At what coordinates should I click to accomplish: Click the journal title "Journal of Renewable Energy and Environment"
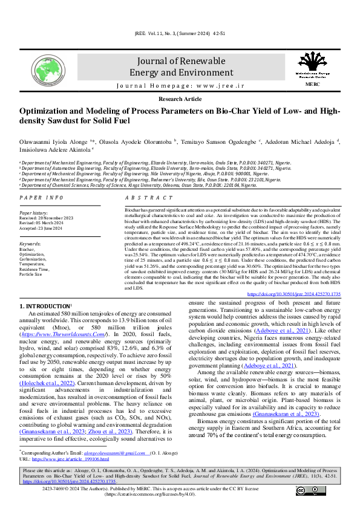(x=180, y=66)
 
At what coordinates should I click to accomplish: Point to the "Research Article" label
(x=180, y=98)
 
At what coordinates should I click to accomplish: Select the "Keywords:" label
(x=30, y=243)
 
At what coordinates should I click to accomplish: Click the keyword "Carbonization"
(x=34, y=259)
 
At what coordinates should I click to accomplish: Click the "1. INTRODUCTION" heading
(x=45, y=306)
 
